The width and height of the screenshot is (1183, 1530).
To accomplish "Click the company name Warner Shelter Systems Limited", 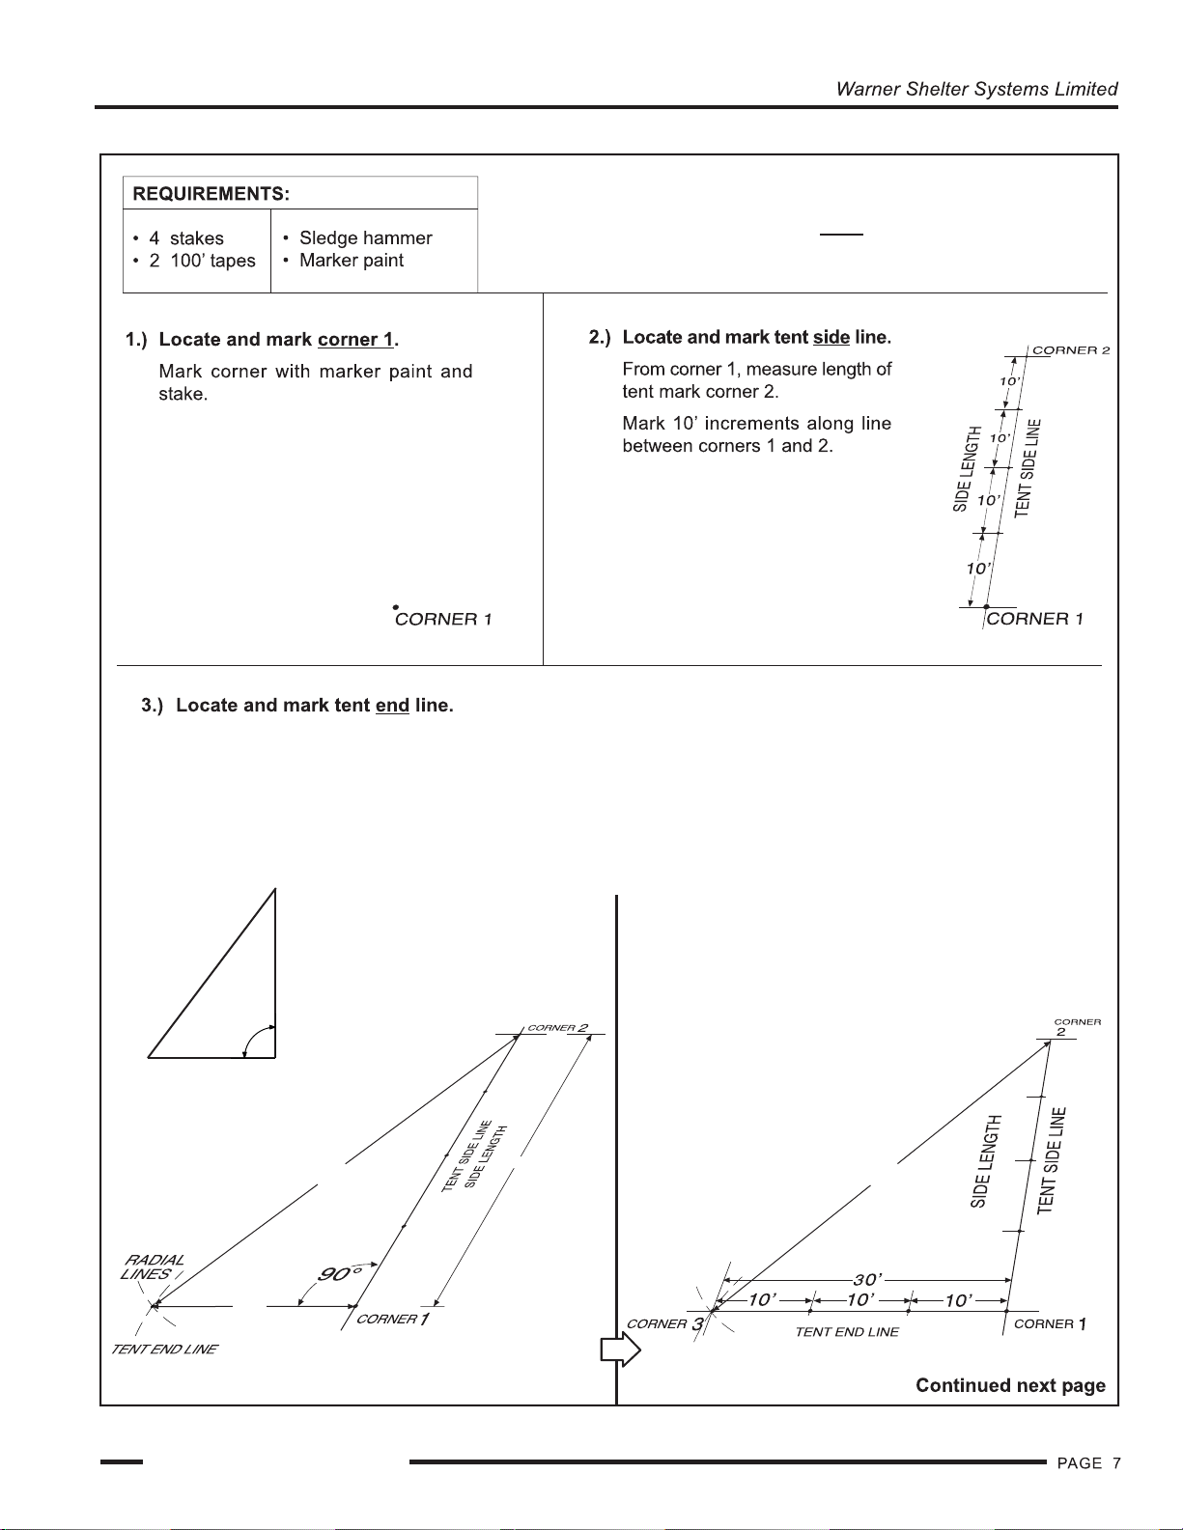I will [976, 89].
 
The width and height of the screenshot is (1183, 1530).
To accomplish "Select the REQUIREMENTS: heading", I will [211, 193].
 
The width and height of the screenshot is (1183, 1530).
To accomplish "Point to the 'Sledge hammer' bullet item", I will [365, 237].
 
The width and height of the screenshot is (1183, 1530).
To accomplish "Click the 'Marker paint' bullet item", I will [351, 261].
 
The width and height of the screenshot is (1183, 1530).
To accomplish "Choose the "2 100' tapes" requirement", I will [202, 261].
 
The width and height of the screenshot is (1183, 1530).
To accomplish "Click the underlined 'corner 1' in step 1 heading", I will [355, 340].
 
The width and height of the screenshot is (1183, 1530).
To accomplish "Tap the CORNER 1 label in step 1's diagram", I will [443, 620].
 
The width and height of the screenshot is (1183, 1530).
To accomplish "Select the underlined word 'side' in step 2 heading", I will [831, 338].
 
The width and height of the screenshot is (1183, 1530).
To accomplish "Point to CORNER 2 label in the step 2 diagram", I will [1071, 350].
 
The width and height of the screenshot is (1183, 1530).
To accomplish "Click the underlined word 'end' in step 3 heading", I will [392, 706].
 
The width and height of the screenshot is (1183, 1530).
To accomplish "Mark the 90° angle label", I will [334, 1274].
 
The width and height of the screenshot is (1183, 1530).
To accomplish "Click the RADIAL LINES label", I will [153, 1266].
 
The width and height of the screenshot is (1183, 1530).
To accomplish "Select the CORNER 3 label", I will [665, 1324].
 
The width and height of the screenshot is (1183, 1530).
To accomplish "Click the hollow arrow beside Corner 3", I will [620, 1349].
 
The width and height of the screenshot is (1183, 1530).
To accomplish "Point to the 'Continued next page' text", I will [1010, 1386].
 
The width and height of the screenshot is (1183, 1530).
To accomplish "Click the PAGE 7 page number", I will [1088, 1463].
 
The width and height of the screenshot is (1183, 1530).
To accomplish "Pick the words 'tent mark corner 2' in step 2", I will [700, 392].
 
